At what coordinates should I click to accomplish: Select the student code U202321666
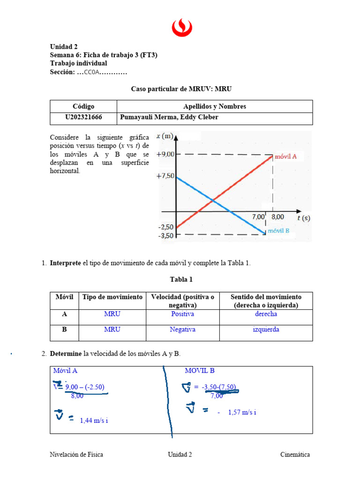(83, 118)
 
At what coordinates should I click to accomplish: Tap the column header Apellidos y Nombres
(214, 106)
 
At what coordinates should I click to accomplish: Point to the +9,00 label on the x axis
(165, 154)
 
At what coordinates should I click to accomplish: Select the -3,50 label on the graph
(166, 235)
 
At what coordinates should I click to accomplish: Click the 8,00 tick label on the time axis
(277, 217)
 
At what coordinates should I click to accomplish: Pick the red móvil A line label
(285, 157)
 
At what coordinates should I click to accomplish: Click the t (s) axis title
(303, 217)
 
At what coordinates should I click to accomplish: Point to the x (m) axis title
(165, 136)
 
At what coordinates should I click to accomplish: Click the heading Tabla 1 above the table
(181, 279)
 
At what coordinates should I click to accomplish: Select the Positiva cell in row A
(182, 314)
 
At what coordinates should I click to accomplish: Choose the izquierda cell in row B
(266, 330)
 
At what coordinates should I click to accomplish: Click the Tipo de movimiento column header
(112, 297)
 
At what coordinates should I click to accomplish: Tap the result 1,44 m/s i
(94, 420)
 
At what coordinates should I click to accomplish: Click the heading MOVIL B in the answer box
(200, 371)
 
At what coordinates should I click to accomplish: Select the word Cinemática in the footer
(295, 455)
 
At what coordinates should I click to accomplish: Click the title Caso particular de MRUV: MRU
(181, 89)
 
